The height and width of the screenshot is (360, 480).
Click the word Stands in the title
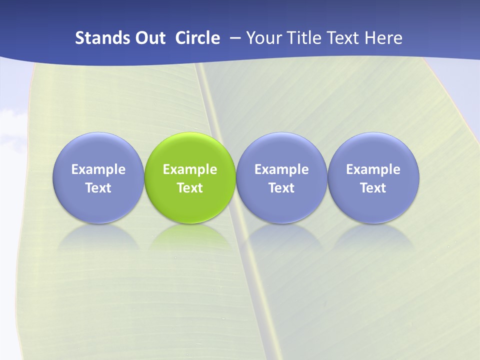96,38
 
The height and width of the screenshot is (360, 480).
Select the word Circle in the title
197,38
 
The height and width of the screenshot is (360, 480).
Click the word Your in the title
263,38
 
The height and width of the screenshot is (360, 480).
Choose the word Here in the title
383,38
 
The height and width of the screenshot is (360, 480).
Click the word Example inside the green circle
190,169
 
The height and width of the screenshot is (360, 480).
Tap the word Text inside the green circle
190,188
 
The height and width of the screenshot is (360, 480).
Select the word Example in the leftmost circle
98,169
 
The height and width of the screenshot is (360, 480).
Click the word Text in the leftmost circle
98,188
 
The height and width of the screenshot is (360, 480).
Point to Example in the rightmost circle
373,169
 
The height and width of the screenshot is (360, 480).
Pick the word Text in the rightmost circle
373,188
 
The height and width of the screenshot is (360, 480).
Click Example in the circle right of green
281,169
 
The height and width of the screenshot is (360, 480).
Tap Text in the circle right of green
281,188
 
